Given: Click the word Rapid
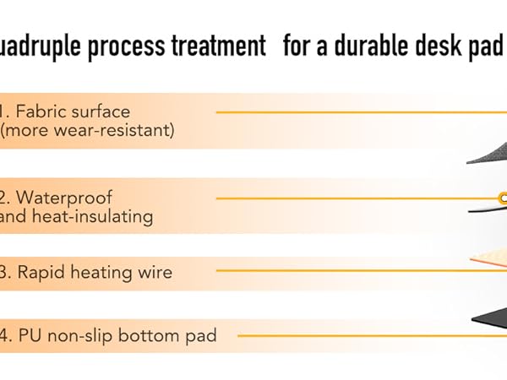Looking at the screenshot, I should click(x=41, y=272).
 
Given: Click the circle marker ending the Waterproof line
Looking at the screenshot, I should click(x=503, y=198).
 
